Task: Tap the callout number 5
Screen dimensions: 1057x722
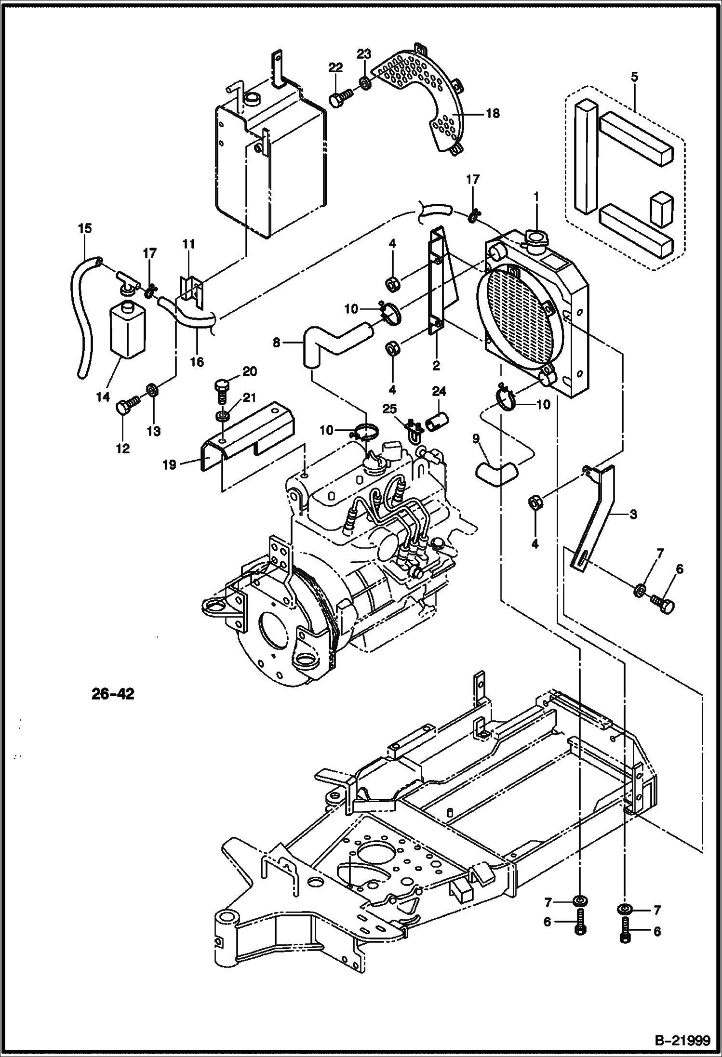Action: (634, 77)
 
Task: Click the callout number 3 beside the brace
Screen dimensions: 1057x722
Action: (633, 515)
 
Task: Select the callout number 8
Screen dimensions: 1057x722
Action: (276, 343)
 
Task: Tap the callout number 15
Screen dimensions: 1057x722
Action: (84, 228)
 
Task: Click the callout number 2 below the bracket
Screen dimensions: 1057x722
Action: (436, 366)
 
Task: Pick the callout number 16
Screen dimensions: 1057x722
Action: (197, 361)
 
